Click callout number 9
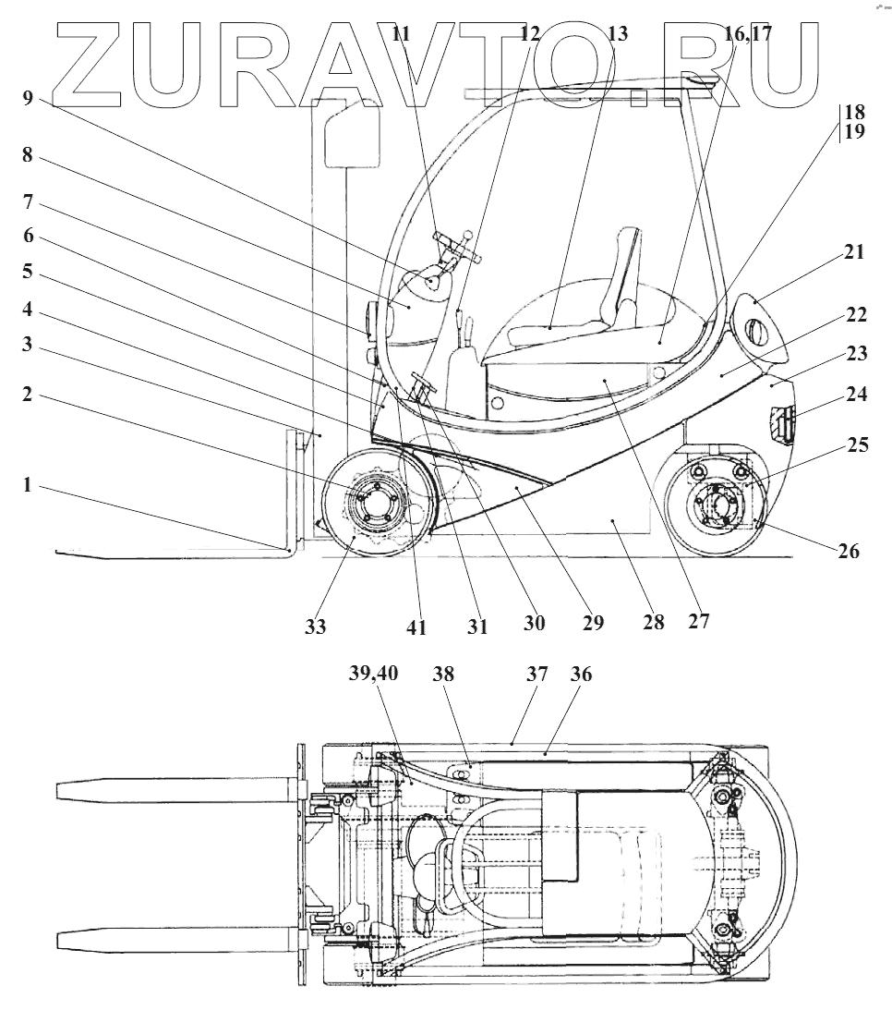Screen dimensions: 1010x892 pos(28,98)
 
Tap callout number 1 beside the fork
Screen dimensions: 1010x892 pos(28,483)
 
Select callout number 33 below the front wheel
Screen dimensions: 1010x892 pos(316,627)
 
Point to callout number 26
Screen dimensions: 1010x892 pos(848,552)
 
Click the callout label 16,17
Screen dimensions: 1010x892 pos(748,34)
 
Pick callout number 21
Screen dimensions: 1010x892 pos(855,251)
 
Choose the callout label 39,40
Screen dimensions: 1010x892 pos(373,675)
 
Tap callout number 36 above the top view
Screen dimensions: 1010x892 pos(582,675)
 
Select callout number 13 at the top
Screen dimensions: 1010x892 pos(618,34)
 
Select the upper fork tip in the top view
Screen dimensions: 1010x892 pos(65,790)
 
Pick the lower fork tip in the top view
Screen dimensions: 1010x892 pos(65,940)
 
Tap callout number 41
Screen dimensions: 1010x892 pos(416,627)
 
